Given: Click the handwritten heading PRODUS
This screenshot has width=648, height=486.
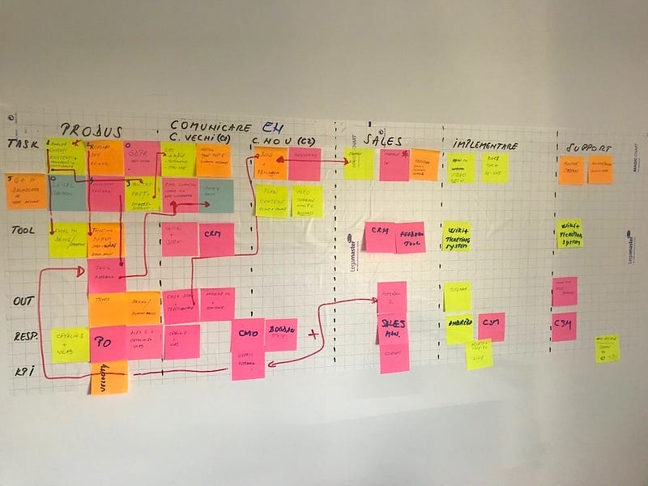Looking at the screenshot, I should coord(91,130).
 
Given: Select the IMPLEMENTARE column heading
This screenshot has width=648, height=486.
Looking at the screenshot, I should coord(484,144).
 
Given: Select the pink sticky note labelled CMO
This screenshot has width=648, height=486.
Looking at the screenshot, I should coord(246,333).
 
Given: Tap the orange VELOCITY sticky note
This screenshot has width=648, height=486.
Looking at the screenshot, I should coord(109,378).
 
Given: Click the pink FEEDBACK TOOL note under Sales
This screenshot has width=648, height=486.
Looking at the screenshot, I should coord(410,237).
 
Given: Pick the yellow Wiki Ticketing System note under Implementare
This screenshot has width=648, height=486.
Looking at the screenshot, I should coord(456,237).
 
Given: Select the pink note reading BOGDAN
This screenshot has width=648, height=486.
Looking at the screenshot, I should coord(281,333).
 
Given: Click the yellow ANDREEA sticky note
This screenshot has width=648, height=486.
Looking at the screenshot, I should coord(459,329).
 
